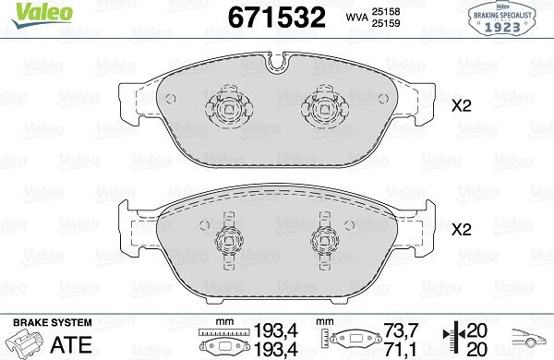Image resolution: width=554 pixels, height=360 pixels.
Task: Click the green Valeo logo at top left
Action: click(x=42, y=14)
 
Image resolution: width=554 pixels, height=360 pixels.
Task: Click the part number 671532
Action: click(x=277, y=18)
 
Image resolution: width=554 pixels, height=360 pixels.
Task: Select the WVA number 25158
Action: click(x=385, y=12)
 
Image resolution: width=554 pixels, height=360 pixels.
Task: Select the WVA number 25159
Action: click(x=385, y=23)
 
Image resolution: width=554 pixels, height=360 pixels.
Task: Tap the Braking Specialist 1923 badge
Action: click(x=501, y=18)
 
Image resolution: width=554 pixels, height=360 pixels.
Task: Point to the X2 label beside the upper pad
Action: click(x=462, y=105)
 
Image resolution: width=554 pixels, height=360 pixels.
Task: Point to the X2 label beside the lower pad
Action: click(x=462, y=230)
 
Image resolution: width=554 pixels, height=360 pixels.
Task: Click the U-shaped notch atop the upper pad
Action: click(x=276, y=62)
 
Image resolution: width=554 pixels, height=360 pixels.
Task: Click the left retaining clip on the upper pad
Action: click(x=229, y=106)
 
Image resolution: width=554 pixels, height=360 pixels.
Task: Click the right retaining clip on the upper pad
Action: click(x=325, y=106)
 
